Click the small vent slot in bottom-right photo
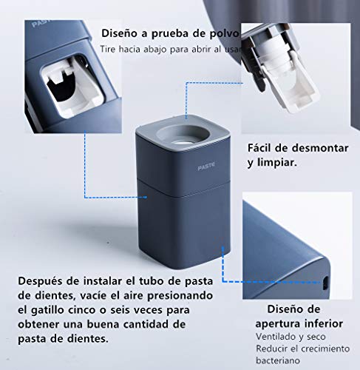click(325, 283)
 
